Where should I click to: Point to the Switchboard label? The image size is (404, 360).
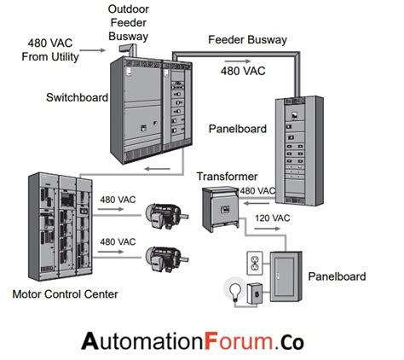[77, 98]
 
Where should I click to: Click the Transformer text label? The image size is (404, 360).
[222, 177]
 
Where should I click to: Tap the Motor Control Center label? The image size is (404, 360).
[65, 295]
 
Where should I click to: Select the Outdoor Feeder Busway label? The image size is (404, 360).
[130, 23]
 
